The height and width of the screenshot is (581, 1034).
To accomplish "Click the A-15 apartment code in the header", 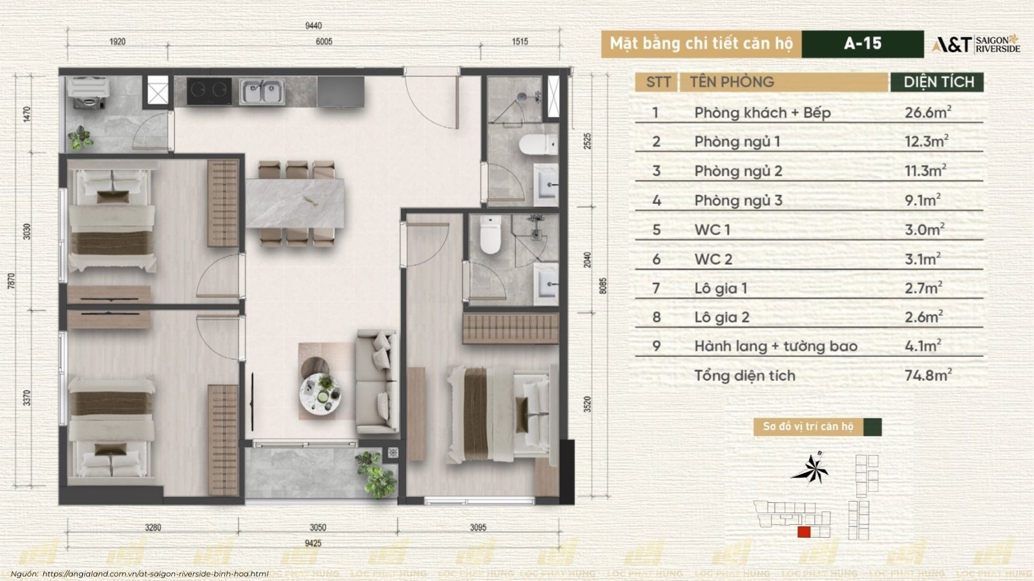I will (862, 43).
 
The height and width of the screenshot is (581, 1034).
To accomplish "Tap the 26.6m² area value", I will (927, 112).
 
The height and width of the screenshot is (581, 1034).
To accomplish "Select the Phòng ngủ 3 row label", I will (738, 200).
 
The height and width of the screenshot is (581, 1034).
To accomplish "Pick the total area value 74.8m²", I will (927, 375).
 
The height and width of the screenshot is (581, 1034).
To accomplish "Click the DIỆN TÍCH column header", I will (938, 82).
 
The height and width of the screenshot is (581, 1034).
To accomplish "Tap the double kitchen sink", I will (262, 92).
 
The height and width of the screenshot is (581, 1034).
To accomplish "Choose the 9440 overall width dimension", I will (313, 26).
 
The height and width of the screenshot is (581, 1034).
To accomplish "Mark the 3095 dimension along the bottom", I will (478, 527).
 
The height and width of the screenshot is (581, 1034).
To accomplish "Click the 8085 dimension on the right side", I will (603, 286).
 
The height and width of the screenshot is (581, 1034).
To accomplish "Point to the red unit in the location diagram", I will (804, 533).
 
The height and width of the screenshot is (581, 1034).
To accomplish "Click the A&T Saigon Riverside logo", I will (976, 44).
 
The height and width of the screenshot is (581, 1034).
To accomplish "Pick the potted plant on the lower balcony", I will (375, 473).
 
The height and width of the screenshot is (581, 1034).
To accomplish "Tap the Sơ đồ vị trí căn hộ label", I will (808, 427).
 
